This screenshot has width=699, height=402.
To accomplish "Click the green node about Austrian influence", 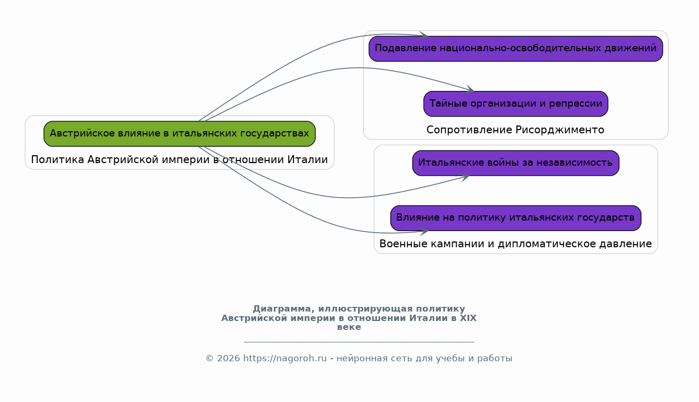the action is point(179,134).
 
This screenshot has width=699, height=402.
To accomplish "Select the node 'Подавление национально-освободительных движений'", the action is point(515,49).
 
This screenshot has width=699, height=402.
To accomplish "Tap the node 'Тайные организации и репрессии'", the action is point(515,104).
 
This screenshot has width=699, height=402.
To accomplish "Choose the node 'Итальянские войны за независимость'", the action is point(515,163).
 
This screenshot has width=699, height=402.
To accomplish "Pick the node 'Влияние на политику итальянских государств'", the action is point(515,218).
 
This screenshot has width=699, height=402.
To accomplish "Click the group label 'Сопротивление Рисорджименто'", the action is point(515,130).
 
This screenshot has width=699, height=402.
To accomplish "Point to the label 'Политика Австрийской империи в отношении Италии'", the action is point(179,159).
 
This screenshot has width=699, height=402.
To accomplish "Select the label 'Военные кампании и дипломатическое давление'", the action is point(515,244).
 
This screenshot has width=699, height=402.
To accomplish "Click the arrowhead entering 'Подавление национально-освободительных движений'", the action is point(424,36).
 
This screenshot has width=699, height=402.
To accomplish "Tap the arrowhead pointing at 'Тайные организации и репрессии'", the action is point(470,89).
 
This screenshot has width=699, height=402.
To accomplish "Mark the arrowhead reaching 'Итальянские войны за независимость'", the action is point(466,178).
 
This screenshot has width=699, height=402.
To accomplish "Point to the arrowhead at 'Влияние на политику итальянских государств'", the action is point(424,232).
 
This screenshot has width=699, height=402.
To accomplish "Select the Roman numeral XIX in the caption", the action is point(468,318).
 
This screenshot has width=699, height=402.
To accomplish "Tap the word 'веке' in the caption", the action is point(349,327).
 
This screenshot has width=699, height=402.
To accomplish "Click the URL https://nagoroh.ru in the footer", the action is point(285,359).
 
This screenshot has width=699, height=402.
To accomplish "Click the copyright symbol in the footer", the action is point(210,359).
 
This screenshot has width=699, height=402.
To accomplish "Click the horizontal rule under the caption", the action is point(359,342).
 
